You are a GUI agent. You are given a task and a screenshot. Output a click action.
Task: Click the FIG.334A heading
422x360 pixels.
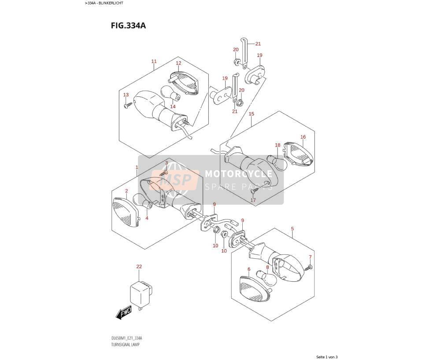[x=128, y=26]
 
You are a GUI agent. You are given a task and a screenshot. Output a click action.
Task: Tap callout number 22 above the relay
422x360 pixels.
[x=139, y=266]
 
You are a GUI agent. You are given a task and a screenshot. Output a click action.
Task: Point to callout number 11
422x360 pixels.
[x=154, y=61]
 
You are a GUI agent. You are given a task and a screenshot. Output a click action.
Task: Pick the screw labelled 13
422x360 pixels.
[x=129, y=105]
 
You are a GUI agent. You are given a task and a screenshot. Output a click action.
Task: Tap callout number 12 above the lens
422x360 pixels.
[x=178, y=63]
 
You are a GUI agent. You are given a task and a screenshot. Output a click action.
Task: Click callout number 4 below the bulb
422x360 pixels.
[x=147, y=218]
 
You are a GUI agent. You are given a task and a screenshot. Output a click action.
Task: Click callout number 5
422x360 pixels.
[x=292, y=229]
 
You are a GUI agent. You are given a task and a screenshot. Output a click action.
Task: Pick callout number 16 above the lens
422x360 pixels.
[x=303, y=137]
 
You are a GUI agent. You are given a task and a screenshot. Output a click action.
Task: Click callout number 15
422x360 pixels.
[x=251, y=114]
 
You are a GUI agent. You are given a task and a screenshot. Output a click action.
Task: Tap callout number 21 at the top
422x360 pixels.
[x=258, y=44]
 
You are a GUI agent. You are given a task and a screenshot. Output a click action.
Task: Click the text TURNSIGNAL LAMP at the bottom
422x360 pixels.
[x=125, y=345]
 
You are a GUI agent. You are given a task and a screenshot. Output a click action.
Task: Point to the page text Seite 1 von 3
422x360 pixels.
[x=327, y=357]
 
